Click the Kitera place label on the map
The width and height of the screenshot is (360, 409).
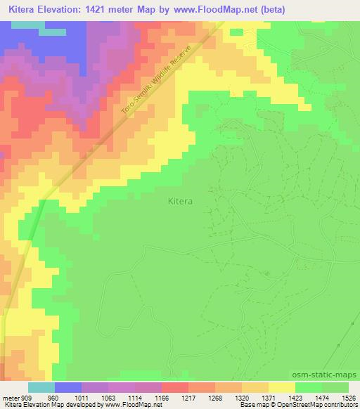point(181,201)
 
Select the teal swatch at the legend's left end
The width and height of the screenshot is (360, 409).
point(41,387)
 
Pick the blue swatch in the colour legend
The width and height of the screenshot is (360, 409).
point(68,387)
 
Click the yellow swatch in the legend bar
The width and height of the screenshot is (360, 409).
point(281,387)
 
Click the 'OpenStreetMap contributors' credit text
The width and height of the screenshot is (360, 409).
point(316,405)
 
